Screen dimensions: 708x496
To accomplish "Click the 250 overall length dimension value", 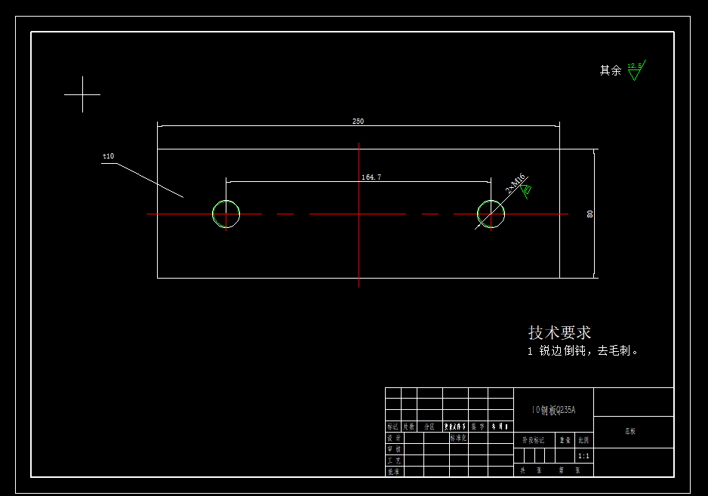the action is pos(358,121).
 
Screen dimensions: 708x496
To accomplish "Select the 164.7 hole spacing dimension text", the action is pos(371,177).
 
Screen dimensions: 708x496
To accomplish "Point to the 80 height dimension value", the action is pos(590,214).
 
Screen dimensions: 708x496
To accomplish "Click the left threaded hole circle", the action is pos(226,214).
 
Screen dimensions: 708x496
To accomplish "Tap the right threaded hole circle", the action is pos(491,214).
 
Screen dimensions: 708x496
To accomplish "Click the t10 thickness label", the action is pos(108,156).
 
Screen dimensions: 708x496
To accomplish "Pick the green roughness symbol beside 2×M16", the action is pos(527,190).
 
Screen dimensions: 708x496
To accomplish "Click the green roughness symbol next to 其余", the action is pos(635,71).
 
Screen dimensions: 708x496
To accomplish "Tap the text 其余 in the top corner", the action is pos(610,70).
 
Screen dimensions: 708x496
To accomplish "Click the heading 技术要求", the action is pos(559,332).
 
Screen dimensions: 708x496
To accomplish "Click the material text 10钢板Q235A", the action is pos(553,410).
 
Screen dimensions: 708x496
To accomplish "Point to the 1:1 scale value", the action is pos(583,456).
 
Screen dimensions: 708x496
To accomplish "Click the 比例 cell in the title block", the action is pos(583,439).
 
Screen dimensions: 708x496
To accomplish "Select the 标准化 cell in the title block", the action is pos(459,437).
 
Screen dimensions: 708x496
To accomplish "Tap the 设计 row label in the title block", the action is pos(393,438).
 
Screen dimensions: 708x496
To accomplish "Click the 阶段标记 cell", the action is pos(533,439).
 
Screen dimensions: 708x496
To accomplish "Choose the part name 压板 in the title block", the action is pos(630,432).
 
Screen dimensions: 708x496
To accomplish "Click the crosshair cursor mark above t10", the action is pos(82,94).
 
